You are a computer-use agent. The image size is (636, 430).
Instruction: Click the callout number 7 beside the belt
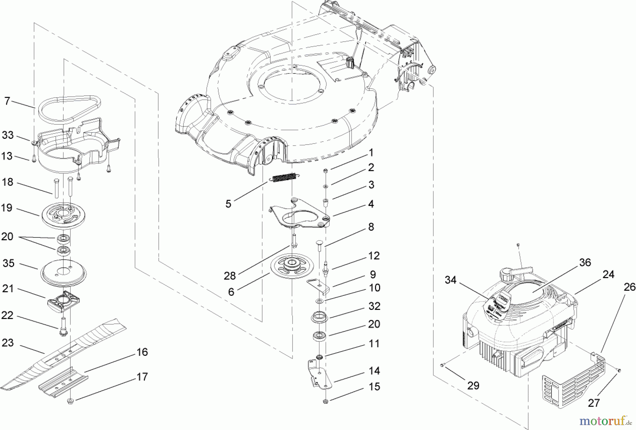point(7,101)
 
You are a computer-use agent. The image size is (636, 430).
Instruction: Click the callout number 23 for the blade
point(7,342)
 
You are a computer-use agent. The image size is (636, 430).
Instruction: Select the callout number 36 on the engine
point(585,263)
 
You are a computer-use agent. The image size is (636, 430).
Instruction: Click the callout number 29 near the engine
point(473,385)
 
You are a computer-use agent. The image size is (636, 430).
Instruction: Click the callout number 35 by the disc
point(8,264)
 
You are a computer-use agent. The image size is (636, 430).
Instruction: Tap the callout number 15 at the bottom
point(374,387)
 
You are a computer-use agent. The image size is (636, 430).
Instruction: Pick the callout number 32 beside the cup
point(374,306)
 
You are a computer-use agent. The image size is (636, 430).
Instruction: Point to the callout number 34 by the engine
point(450,280)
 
